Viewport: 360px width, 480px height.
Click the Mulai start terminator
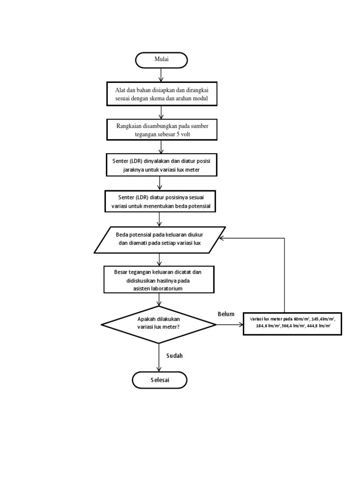tap(161, 60)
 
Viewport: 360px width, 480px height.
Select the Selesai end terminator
tap(159, 380)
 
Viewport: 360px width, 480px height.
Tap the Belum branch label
tap(225, 314)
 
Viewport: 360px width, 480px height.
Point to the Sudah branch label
tap(174, 356)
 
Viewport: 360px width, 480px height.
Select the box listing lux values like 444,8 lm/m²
tap(292, 323)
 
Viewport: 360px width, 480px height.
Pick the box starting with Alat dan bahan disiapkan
tap(161, 94)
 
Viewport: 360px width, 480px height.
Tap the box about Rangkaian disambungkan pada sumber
tap(161, 129)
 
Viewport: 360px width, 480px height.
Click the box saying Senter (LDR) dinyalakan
tap(161, 165)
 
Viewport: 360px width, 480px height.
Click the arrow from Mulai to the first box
tap(161, 75)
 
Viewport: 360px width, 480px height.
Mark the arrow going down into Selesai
tap(159, 359)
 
